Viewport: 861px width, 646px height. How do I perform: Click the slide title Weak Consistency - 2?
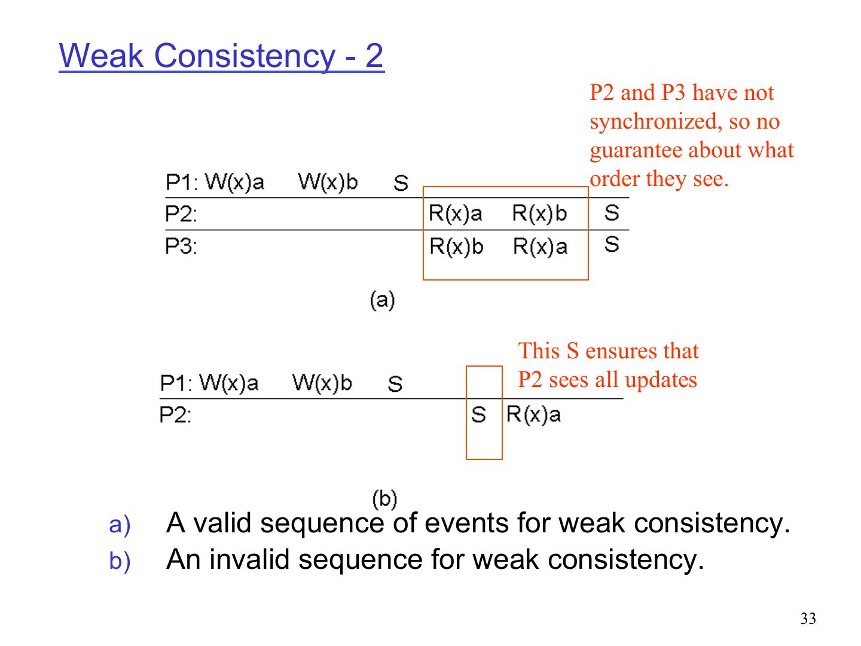point(221,56)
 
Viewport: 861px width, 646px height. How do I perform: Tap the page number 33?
point(808,619)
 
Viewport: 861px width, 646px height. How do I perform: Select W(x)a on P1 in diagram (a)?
point(234,182)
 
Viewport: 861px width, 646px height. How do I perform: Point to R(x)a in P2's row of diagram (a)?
point(455,214)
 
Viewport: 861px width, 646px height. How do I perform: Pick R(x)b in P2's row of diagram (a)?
point(539,214)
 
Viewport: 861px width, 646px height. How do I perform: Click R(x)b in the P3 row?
point(456,246)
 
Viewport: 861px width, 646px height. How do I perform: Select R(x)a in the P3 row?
point(540,246)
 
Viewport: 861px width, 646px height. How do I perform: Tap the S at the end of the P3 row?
point(611,244)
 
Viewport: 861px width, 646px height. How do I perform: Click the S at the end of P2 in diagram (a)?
point(611,212)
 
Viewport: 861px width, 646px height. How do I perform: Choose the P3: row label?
point(181,246)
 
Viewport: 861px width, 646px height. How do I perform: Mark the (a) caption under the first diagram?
point(383,299)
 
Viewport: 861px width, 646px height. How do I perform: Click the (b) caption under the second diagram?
point(384,498)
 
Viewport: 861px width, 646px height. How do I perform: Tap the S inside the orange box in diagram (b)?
point(478,415)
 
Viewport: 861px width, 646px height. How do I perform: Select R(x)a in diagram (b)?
point(533,415)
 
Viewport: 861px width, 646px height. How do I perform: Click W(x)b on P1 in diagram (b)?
point(322,383)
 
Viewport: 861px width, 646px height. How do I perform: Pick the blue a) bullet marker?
point(119,525)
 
